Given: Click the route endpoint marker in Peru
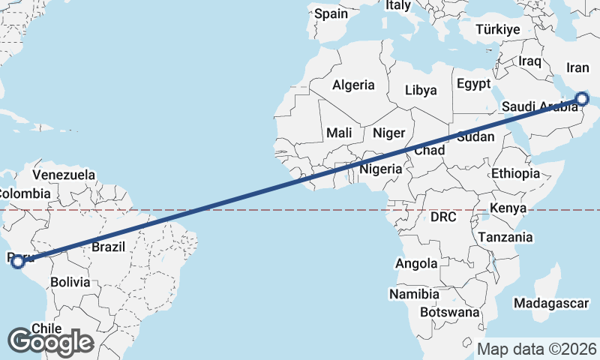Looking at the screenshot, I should [18, 261].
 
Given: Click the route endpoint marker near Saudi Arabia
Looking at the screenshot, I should [582, 98].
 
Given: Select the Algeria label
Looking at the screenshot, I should [353, 85].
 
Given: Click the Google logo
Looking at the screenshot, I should [50, 342].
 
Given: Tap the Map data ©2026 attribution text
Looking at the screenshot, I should [537, 349].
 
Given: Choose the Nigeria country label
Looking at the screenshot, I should [382, 169].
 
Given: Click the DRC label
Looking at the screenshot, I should [443, 217].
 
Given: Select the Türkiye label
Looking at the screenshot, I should [498, 30].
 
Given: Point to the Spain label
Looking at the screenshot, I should [331, 13].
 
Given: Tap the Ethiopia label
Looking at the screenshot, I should [515, 174].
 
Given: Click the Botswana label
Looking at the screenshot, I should [449, 312].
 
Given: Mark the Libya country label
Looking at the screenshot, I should [421, 91].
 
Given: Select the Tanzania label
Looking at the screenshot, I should [505, 237].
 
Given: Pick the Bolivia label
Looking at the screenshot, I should [70, 283].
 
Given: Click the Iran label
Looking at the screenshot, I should [577, 68].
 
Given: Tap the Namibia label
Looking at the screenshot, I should [414, 293].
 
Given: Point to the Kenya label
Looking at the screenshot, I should [508, 208].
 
